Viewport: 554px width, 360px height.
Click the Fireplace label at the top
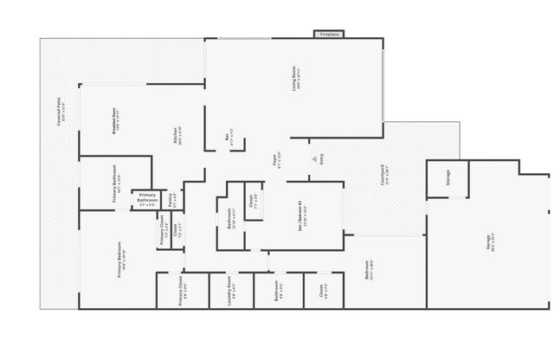[329, 35]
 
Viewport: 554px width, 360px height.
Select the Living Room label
[295, 80]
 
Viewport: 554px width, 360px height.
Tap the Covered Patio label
[60, 112]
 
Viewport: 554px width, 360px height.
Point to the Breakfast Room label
[115, 119]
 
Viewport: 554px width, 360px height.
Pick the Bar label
[229, 136]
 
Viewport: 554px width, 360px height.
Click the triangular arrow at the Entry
[314, 159]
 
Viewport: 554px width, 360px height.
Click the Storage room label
[448, 178]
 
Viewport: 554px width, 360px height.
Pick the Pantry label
[171, 199]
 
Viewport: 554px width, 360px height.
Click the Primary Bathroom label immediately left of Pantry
[147, 200]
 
